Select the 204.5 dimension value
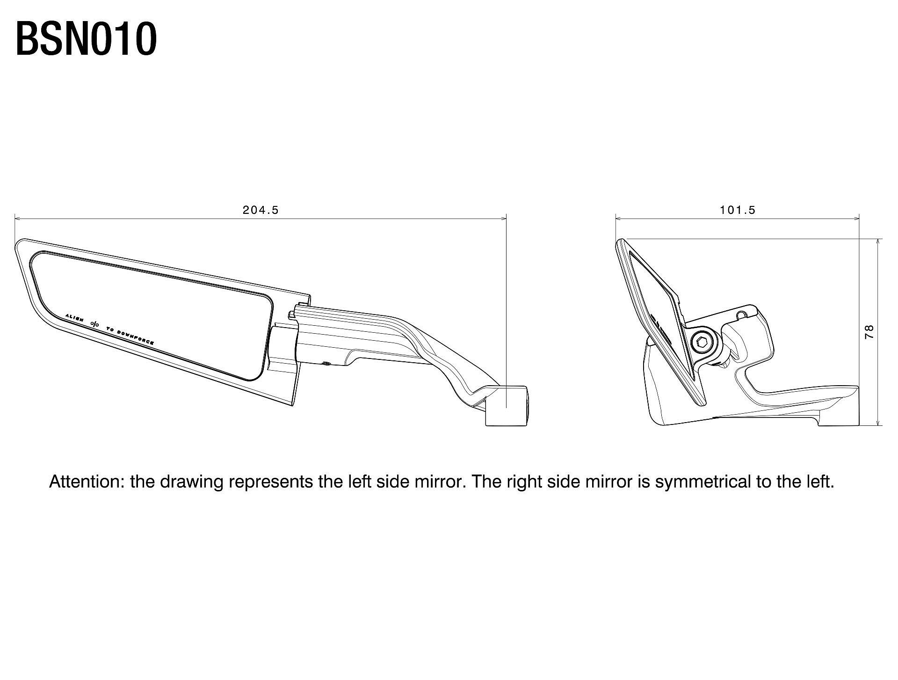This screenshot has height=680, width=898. click(x=261, y=210)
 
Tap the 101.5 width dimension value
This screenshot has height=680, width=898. click(x=738, y=210)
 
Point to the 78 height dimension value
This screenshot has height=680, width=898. click(x=869, y=332)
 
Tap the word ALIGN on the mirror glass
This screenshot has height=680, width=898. click(x=74, y=318)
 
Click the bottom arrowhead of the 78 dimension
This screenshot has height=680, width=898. click(x=879, y=422)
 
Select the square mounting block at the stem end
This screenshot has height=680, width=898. click(x=507, y=406)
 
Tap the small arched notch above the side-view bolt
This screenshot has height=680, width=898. click(x=740, y=315)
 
